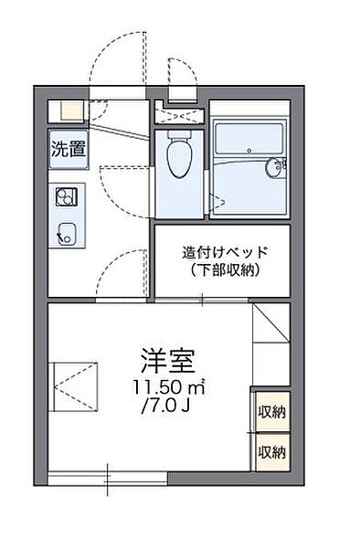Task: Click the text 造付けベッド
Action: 221,253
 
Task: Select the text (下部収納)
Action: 221,270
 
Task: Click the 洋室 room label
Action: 165,357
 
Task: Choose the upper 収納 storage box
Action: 270,413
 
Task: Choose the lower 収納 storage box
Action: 270,450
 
